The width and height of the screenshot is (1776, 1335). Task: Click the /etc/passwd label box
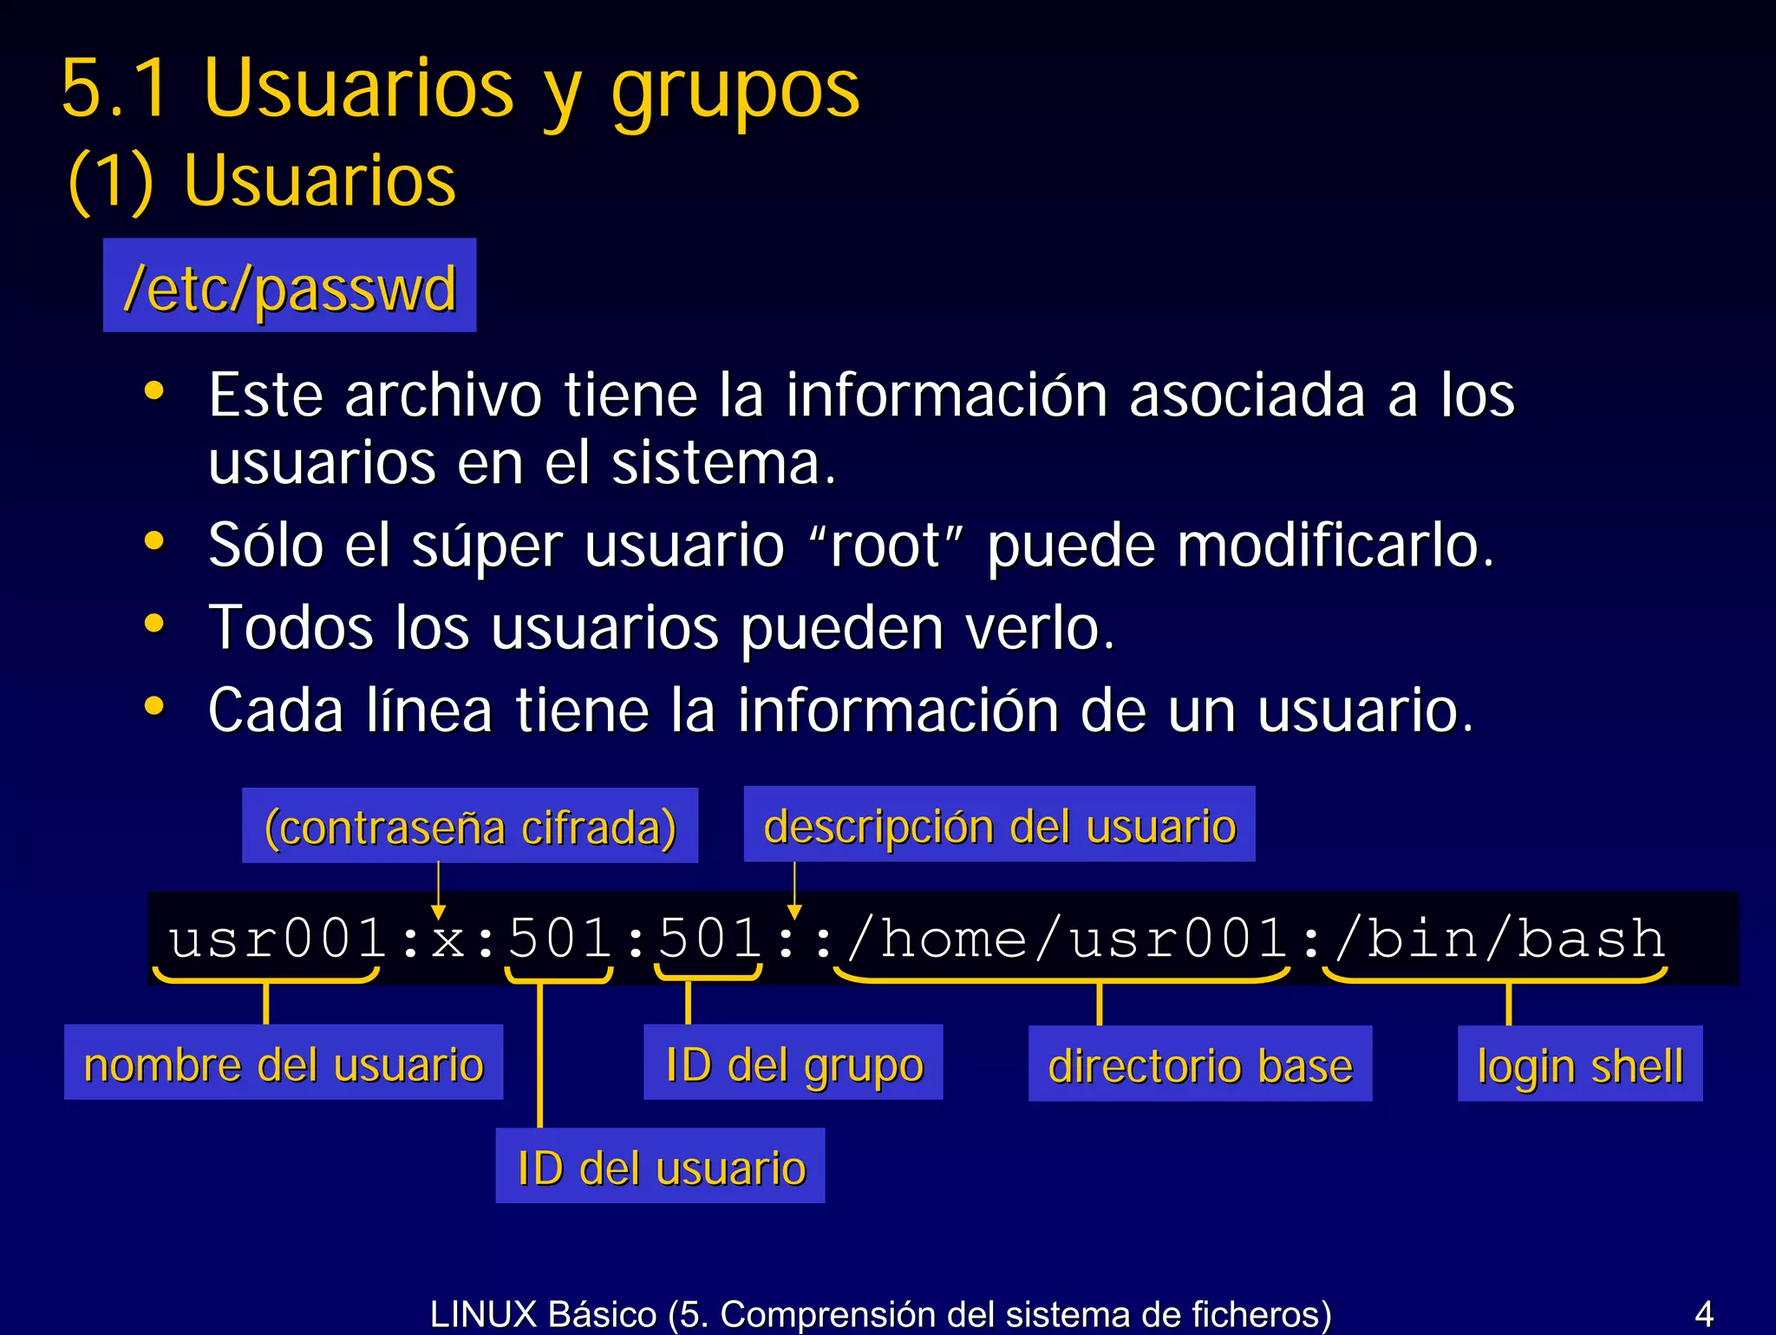point(290,286)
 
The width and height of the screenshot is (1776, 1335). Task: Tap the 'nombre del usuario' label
point(284,1063)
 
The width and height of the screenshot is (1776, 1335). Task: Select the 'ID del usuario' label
point(660,1167)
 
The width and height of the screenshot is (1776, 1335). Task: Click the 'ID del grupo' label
point(793,1063)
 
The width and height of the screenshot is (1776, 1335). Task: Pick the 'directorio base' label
point(1199,1065)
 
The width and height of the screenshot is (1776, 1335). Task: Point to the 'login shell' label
point(1579,1065)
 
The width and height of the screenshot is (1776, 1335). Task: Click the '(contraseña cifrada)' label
point(469,827)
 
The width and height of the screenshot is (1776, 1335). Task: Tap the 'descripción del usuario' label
point(999,825)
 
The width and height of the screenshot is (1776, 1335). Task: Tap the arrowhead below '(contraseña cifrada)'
point(439,912)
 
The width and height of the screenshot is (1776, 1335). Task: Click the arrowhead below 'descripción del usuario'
point(794,911)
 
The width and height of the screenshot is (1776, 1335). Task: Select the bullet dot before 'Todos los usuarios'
point(154,624)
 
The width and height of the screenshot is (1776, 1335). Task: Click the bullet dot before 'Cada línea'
point(154,706)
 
